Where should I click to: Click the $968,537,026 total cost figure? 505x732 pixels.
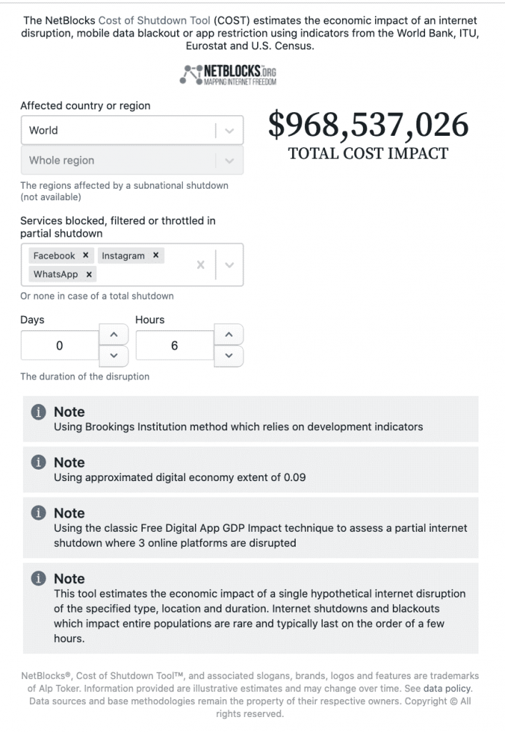368,126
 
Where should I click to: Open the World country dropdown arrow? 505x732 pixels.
229,130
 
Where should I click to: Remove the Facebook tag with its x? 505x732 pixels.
86,255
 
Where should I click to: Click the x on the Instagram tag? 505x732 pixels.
156,255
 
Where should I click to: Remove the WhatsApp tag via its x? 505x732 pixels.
89,274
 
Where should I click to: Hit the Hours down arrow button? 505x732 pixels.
229,355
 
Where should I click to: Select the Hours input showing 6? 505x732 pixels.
174,345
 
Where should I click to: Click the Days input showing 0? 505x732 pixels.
59,345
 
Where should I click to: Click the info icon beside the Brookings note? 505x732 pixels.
39,412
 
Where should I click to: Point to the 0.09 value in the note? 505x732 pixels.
294,477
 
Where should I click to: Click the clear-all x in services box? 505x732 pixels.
201,264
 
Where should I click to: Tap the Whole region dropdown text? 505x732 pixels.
61,160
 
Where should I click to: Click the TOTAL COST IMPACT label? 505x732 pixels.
368,153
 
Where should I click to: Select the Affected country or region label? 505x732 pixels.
85,105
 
